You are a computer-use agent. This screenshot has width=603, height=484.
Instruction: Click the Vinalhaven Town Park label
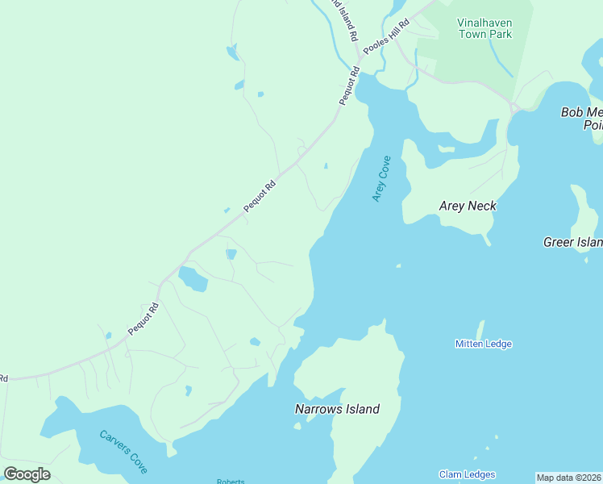tap(484, 28)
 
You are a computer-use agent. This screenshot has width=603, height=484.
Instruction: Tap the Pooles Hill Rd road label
tap(386, 37)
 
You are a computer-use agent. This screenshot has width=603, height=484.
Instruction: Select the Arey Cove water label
tap(381, 179)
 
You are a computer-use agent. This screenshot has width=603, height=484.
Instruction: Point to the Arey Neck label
tap(468, 206)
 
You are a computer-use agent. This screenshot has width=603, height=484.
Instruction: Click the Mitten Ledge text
tap(483, 344)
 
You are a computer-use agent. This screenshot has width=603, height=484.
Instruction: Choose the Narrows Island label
tap(337, 409)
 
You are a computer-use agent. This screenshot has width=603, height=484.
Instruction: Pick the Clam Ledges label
tap(467, 474)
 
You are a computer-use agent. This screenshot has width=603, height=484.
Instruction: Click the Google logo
tap(27, 474)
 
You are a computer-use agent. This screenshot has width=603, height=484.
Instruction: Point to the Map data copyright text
tap(569, 478)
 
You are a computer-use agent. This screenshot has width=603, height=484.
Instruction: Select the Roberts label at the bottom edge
tap(231, 481)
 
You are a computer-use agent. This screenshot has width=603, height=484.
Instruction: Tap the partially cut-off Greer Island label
tap(572, 242)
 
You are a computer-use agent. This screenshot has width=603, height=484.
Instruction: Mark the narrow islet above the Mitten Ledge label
tap(480, 330)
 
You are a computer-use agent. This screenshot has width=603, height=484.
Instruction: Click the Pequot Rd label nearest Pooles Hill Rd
tap(347, 87)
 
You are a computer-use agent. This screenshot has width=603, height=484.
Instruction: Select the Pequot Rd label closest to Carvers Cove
tap(143, 319)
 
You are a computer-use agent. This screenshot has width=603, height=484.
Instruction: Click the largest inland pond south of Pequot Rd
tap(193, 279)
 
